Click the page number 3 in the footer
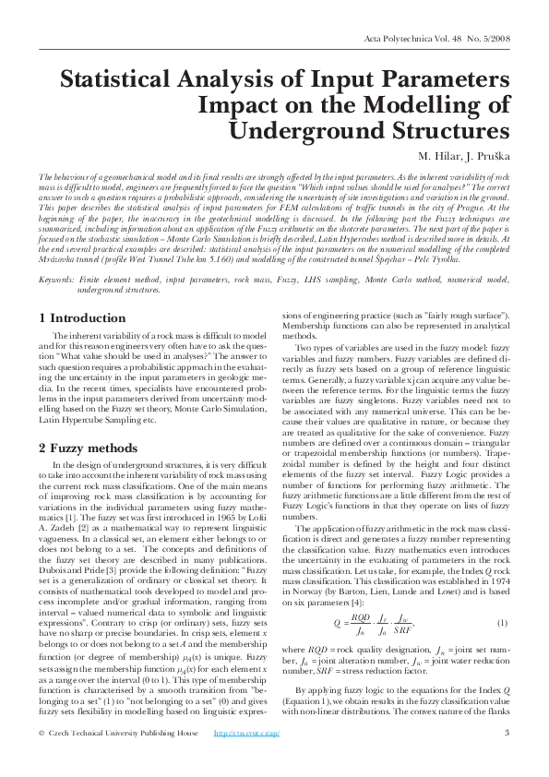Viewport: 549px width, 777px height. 507,759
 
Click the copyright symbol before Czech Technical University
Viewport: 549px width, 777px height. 42,759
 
